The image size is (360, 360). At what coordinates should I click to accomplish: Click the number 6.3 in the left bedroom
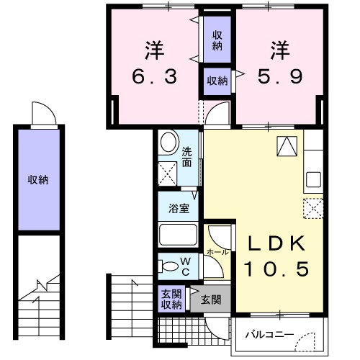pos(154,75)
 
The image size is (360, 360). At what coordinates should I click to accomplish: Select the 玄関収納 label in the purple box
pos(170,297)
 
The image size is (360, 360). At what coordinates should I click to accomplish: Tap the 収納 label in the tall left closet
pos(38,179)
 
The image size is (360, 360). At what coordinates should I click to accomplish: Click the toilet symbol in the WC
pos(169,266)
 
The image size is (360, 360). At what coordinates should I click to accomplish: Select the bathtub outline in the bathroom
pos(179,235)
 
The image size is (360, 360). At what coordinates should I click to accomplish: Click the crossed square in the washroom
pos(170,174)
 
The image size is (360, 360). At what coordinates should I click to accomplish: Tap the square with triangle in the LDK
pos(287,145)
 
